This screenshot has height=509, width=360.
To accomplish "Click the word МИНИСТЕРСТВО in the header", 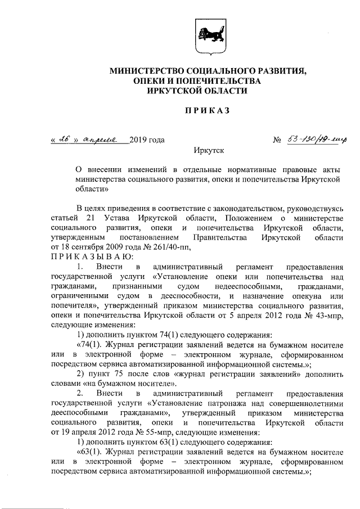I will point(146,72).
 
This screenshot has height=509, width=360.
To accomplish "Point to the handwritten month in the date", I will point(101,139).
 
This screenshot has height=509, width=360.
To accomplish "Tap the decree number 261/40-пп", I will point(174,247).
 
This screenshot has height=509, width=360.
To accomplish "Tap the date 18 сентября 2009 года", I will point(98,247).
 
